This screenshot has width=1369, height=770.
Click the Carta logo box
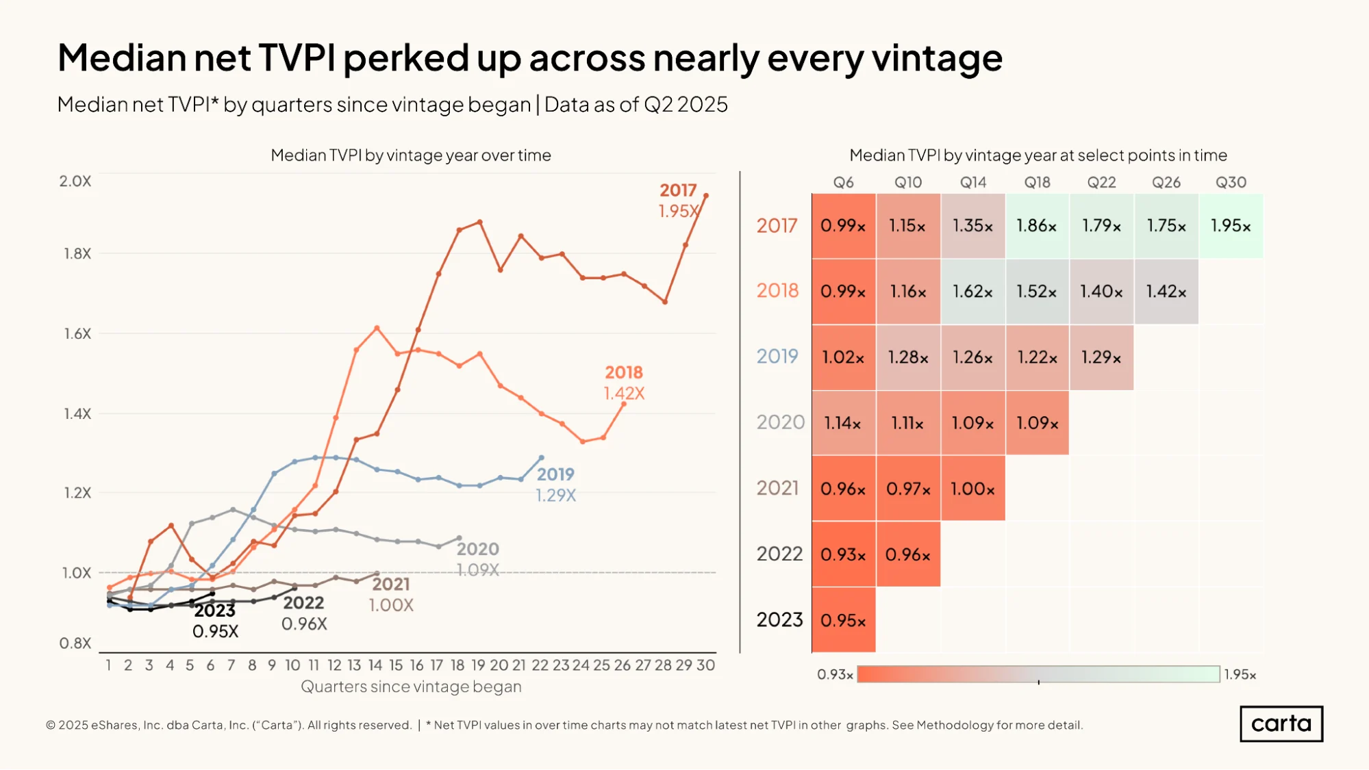[1281, 723]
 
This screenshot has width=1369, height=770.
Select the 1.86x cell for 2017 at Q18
[1037, 226]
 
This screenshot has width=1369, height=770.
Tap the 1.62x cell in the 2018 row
[972, 292]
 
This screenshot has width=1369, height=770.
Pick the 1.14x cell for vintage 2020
[843, 423]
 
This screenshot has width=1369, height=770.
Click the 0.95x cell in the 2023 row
[843, 620]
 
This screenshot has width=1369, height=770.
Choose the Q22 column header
[1101, 183]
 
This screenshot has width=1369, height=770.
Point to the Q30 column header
[1231, 183]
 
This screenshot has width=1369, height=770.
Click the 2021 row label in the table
[777, 488]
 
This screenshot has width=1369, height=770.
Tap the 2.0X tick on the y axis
[75, 181]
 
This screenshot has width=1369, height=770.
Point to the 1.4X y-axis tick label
[77, 413]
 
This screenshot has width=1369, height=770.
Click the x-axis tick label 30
[705, 665]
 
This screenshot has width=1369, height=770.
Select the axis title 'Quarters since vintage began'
[411, 686]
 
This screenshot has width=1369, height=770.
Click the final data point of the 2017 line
[706, 196]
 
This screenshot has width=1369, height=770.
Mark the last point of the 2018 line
[624, 405]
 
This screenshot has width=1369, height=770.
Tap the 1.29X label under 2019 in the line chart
[555, 495]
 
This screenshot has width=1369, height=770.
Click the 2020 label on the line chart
[478, 549]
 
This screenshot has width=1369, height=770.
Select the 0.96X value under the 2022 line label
[304, 624]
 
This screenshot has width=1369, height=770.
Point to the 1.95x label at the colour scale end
[1240, 675]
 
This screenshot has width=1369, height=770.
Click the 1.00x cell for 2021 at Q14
[972, 489]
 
